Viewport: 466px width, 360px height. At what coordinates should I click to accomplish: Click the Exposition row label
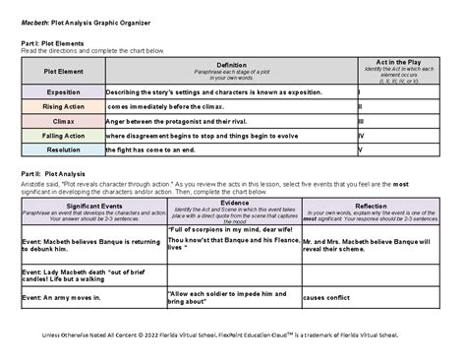point(62,91)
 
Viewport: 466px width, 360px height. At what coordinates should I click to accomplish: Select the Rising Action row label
point(62,106)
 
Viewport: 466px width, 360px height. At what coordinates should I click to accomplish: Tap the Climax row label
point(62,120)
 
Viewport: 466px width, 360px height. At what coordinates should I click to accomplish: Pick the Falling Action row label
point(62,135)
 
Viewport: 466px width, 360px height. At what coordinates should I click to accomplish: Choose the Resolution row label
point(62,150)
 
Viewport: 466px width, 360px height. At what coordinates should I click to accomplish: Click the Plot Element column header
point(62,71)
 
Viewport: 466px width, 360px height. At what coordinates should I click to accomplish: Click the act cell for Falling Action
point(396,135)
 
